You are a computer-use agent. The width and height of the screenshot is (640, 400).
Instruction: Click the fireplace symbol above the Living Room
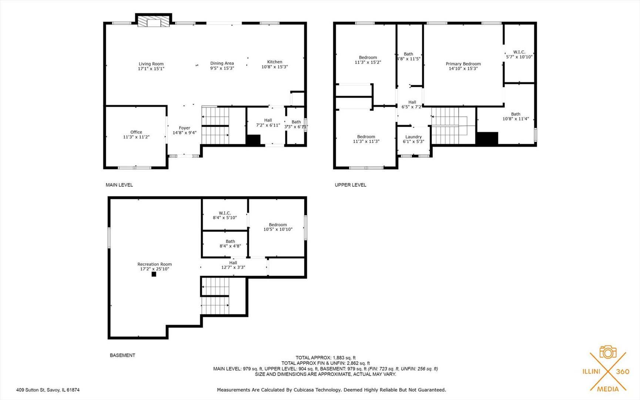point(154,21)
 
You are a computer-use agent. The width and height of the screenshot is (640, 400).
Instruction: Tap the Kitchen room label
point(275,62)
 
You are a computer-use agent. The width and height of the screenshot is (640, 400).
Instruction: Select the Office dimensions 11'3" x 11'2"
point(136,137)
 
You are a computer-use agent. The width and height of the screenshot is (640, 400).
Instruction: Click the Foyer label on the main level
point(184,128)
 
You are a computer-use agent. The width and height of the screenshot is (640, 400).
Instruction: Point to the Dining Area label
point(222,63)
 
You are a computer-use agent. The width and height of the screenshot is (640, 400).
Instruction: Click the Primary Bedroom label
point(463,64)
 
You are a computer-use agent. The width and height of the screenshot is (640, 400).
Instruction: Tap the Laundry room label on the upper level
point(413,137)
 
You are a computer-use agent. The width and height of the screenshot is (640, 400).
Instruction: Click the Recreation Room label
point(154,264)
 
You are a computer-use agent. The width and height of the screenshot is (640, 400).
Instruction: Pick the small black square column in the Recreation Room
point(154,274)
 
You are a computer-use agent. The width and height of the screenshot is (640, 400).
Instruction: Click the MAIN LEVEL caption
point(119,185)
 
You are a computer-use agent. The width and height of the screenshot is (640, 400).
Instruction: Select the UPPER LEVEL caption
point(350,185)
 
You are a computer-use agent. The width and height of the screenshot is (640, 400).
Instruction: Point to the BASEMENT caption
point(122,355)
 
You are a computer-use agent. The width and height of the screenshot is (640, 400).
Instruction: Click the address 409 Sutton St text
point(48,390)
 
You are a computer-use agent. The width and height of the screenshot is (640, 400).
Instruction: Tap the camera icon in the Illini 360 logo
point(608,352)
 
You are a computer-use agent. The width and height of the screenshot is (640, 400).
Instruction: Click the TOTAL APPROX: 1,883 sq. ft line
point(325,358)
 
